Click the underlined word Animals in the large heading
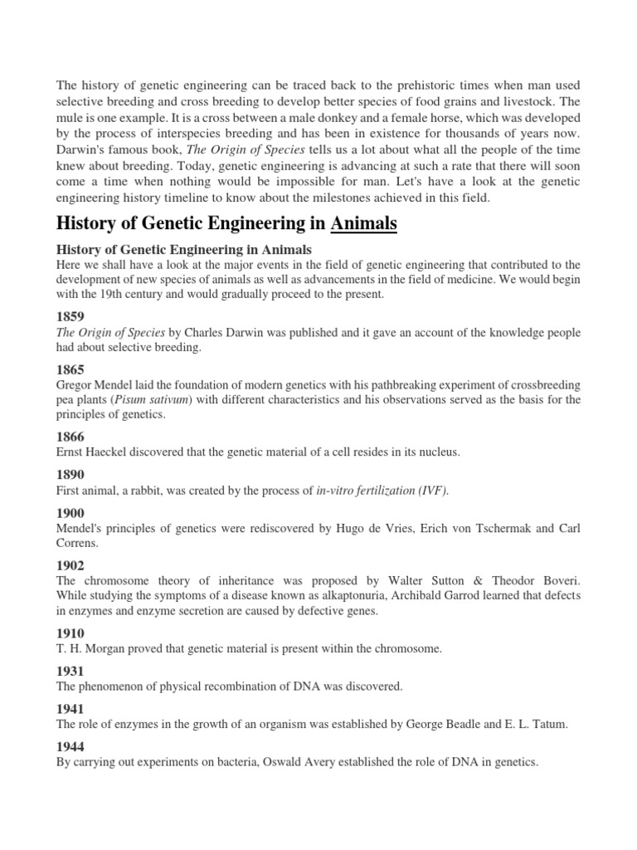click(364, 224)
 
